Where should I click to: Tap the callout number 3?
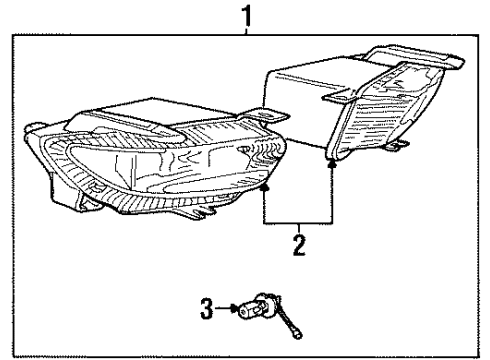point(208,310)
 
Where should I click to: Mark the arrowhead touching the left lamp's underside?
point(264,185)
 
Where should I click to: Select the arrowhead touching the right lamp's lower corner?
point(331,161)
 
